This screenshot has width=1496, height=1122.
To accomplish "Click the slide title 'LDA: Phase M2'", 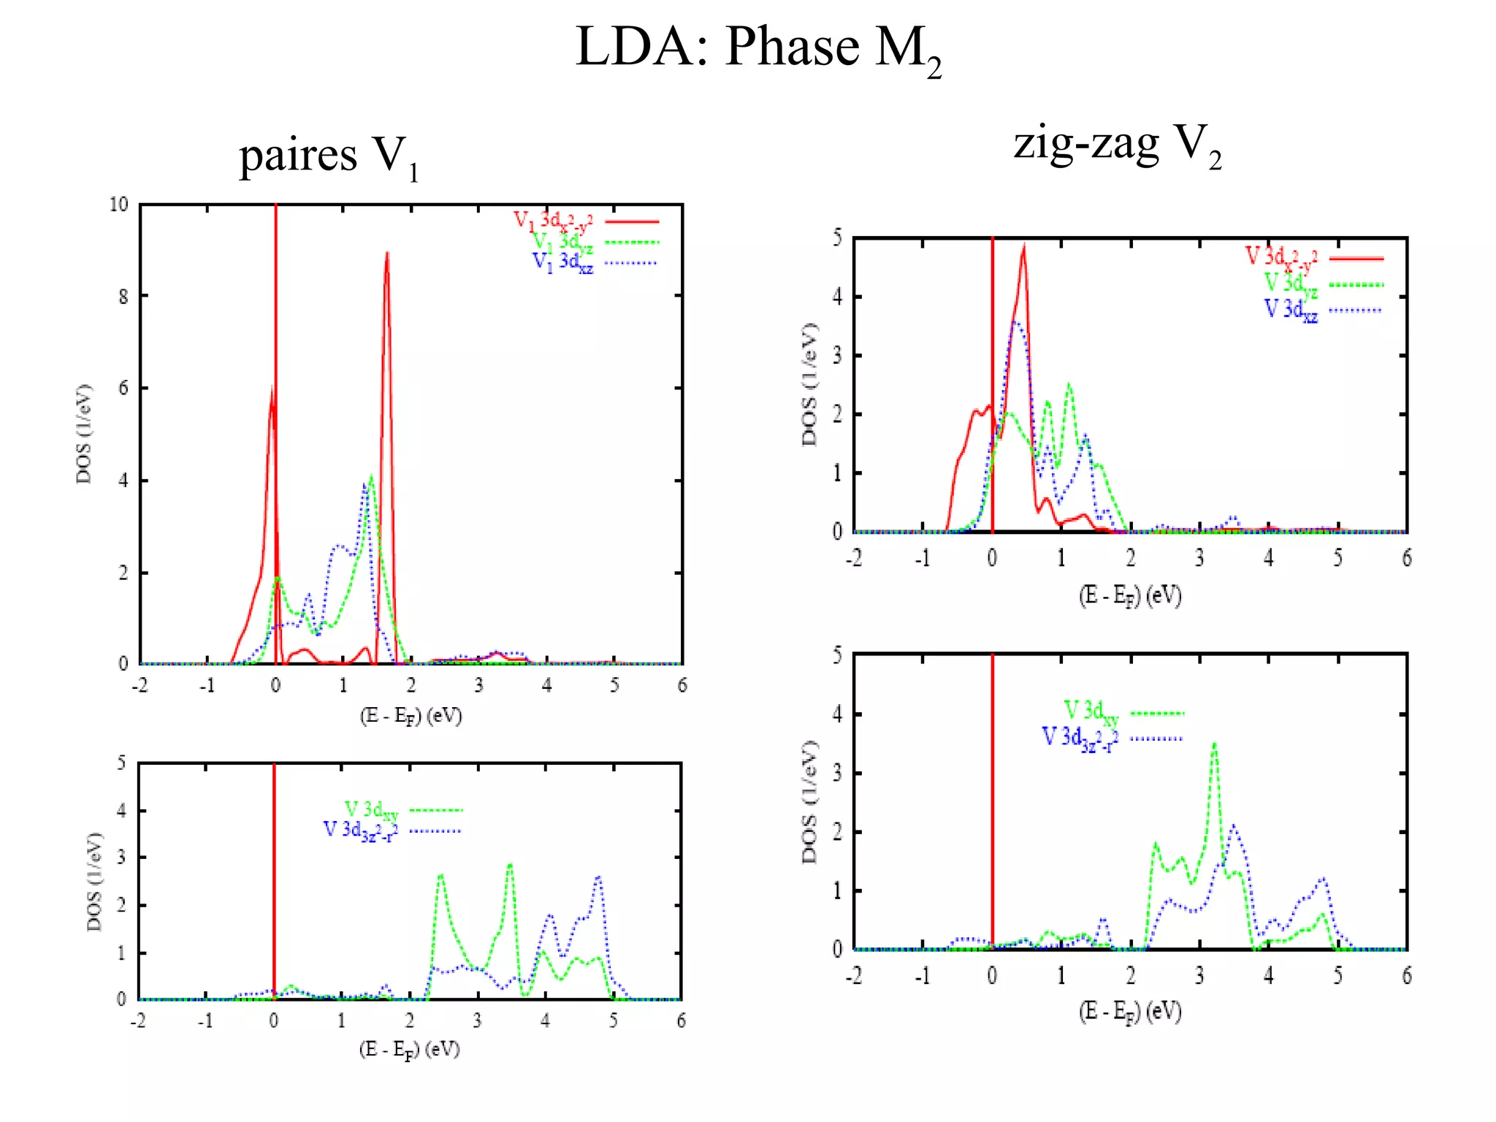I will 757,48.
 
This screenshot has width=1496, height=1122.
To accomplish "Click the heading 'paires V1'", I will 329,156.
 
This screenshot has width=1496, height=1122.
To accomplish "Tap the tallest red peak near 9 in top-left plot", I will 386,254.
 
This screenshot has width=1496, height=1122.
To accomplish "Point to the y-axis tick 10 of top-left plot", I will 118,205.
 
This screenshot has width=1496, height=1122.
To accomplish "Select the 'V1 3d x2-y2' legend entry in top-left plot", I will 584,221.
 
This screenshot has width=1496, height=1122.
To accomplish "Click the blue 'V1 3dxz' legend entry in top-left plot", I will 593,262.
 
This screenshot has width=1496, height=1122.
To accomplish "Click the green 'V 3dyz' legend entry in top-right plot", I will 1322,284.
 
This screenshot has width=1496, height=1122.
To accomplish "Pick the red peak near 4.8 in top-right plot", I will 1023,249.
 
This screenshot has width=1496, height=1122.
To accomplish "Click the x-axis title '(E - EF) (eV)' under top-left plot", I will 411,715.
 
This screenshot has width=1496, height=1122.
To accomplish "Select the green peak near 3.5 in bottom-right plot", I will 1214,745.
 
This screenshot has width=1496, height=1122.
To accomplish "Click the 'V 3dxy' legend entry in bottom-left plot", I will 402,810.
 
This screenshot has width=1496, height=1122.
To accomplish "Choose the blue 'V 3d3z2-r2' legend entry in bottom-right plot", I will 1110,738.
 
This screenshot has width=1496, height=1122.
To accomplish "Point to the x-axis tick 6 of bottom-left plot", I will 681,1020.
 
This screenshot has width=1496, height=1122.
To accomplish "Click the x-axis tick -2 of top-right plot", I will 854,559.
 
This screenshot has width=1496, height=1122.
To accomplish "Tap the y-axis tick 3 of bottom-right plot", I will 837,773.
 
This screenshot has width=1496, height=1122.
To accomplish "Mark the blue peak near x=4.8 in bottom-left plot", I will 598,877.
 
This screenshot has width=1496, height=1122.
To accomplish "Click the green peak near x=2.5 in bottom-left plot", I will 440,875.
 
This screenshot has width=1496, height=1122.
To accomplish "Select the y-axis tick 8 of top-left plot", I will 123,297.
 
